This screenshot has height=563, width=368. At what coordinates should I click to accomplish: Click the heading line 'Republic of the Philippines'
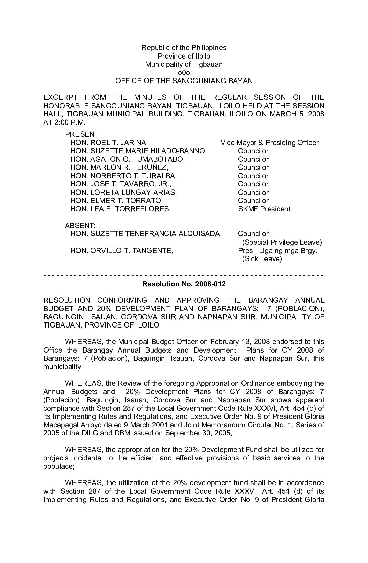184,48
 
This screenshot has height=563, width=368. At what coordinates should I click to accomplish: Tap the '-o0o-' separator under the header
184,73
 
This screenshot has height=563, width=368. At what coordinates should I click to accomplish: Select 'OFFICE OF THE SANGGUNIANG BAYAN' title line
184,81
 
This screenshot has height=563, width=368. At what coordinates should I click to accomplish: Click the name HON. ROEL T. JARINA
109,143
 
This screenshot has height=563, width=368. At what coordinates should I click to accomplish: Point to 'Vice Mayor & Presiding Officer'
269,143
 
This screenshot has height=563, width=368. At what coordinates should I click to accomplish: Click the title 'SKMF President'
264,209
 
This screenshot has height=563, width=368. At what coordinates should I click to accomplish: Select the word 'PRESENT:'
80,135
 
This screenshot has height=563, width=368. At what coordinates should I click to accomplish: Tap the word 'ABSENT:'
80,225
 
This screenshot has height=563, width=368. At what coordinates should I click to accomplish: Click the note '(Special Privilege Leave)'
282,242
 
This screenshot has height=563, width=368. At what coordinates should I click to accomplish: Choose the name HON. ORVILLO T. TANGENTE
122,251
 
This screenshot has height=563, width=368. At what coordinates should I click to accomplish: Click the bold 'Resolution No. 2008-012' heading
184,284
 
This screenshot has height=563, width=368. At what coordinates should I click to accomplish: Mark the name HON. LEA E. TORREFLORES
120,209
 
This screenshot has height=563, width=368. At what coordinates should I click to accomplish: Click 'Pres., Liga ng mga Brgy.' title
277,251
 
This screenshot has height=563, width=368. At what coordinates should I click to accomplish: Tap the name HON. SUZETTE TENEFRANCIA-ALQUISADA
146,234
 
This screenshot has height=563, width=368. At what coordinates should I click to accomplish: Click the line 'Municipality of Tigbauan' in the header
184,64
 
